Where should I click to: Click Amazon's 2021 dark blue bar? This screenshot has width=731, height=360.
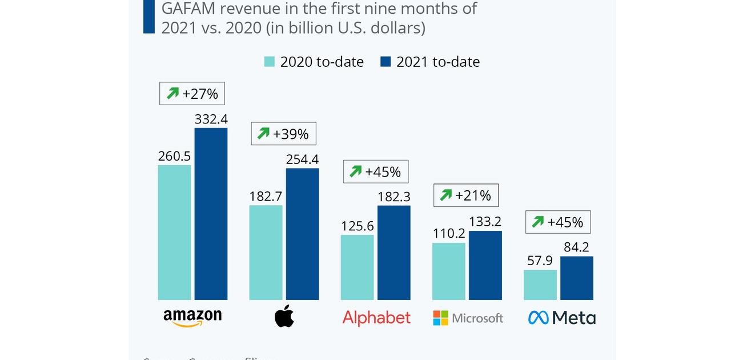(x=211, y=214)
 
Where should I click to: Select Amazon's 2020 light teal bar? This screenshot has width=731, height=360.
(x=174, y=232)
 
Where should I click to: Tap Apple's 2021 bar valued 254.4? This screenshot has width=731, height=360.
(x=302, y=234)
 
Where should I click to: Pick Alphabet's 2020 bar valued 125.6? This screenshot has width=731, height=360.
(x=357, y=267)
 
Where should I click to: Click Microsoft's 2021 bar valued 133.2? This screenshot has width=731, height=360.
(x=485, y=265)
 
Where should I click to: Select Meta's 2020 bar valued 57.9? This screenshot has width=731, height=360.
(x=540, y=285)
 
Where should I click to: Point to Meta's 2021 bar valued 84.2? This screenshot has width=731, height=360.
(x=576, y=278)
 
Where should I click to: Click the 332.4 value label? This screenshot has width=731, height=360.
(x=211, y=119)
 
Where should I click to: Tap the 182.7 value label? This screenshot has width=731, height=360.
(x=266, y=197)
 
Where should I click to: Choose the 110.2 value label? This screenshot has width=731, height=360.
(x=448, y=233)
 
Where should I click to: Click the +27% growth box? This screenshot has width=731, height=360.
(x=192, y=94)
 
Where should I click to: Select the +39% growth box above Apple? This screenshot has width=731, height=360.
(x=283, y=134)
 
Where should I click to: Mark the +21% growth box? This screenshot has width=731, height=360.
(x=466, y=195)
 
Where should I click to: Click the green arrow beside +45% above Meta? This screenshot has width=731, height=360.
(x=537, y=222)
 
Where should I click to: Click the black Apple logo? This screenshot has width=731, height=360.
(x=284, y=316)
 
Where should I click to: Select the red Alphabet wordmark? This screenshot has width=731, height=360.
(x=376, y=318)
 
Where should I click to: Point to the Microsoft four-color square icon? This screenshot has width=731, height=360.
(x=441, y=318)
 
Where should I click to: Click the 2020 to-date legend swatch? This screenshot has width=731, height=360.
(x=270, y=62)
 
